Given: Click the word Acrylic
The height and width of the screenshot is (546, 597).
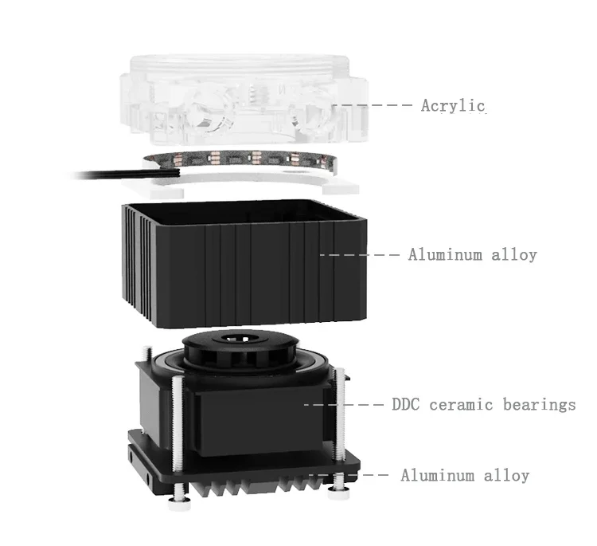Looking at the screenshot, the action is coord(453,105).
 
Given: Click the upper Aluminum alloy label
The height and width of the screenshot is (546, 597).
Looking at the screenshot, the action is coord(472,255).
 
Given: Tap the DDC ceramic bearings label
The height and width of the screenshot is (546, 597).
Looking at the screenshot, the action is coord(483,404).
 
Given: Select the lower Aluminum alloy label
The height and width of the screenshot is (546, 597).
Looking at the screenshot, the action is coord(464,476).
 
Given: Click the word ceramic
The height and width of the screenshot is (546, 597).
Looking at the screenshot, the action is coord(461,404).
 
